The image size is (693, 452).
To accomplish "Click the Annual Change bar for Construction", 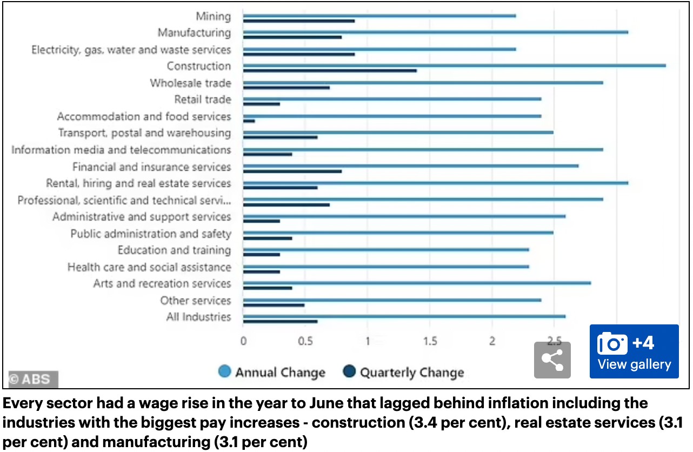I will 454,65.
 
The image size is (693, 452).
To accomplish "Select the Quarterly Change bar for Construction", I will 330,71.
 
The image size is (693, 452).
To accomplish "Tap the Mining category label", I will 213,16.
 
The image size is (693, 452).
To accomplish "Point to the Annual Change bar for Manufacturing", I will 435,32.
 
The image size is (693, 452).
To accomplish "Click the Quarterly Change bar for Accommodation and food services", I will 249,121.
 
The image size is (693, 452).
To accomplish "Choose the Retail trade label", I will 202,99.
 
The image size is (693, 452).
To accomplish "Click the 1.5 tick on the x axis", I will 430,341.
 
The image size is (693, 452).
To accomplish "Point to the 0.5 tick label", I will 305,341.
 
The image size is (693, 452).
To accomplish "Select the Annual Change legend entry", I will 272,372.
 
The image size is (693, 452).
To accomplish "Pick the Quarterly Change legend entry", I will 404,372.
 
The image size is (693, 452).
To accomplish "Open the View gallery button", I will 634,351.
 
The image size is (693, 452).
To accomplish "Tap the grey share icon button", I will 552,360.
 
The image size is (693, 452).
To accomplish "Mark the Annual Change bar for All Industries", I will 404,316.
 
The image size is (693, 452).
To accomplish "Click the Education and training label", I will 174,250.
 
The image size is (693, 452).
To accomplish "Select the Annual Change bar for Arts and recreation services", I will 417,283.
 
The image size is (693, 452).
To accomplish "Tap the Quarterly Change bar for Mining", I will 299,21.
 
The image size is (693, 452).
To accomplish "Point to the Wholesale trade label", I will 190,83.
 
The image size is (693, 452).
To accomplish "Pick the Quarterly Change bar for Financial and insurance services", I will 292,171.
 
